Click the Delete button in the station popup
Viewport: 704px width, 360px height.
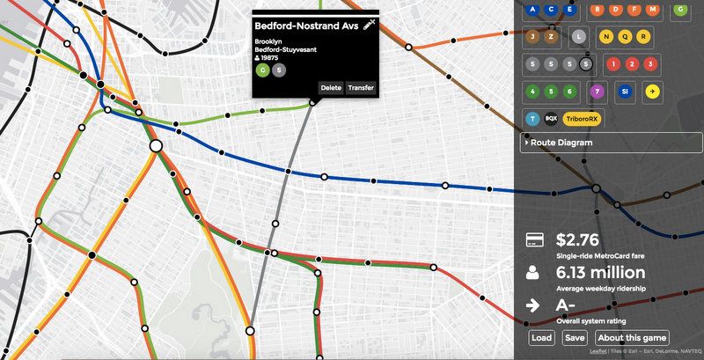point(331,87)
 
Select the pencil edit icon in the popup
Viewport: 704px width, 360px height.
point(369,24)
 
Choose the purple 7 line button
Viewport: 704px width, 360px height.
point(597,91)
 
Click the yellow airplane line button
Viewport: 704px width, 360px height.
point(651,91)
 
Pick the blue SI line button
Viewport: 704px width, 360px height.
point(624,91)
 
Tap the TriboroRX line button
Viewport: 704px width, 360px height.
point(583,118)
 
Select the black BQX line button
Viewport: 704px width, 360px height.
point(551,118)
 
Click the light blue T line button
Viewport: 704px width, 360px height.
point(532,118)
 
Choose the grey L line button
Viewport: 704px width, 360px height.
point(577,37)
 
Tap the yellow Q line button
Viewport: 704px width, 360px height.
point(625,37)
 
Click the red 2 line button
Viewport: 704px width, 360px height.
point(631,64)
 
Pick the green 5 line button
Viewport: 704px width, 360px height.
point(551,91)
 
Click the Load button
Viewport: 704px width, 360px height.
point(542,338)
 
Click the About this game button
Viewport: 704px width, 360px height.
point(633,338)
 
